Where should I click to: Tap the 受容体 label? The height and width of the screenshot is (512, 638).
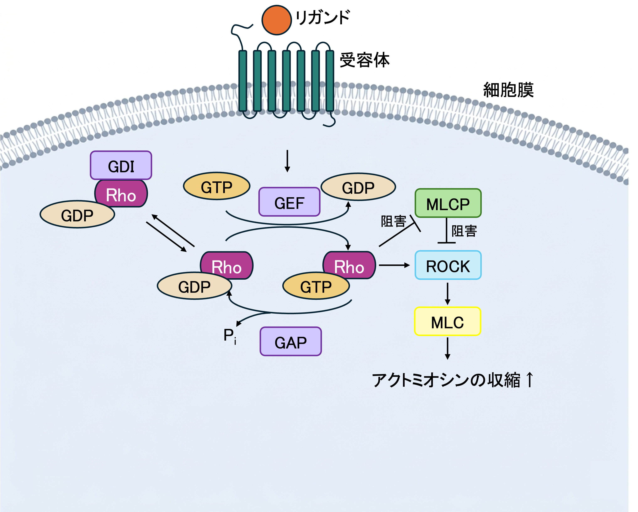[364, 60]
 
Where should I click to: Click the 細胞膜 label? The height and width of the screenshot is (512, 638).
[508, 90]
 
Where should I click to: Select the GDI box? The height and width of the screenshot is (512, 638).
[121, 166]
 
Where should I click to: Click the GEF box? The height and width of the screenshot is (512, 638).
[289, 202]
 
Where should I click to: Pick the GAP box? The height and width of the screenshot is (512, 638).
[291, 342]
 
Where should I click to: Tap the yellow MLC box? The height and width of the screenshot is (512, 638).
[447, 321]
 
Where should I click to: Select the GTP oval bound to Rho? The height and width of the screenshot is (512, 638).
[316, 286]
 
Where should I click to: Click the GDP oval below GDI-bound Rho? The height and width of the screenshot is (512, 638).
[77, 214]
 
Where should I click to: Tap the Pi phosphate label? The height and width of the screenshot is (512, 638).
[230, 336]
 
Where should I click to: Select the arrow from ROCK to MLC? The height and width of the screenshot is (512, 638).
[447, 293]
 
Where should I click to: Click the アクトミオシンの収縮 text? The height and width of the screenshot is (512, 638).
[446, 380]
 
